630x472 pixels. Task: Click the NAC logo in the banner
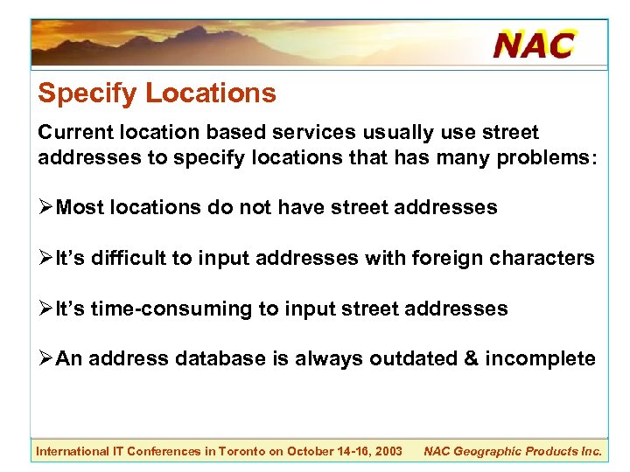coord(535,43)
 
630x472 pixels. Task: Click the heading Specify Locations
coord(157,93)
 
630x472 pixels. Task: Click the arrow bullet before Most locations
coord(45,208)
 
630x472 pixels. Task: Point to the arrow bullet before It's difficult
coord(45,259)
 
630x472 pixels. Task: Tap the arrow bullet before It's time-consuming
coord(45,309)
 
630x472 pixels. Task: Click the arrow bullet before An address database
coord(45,359)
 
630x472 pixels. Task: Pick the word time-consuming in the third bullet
coord(165,309)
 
